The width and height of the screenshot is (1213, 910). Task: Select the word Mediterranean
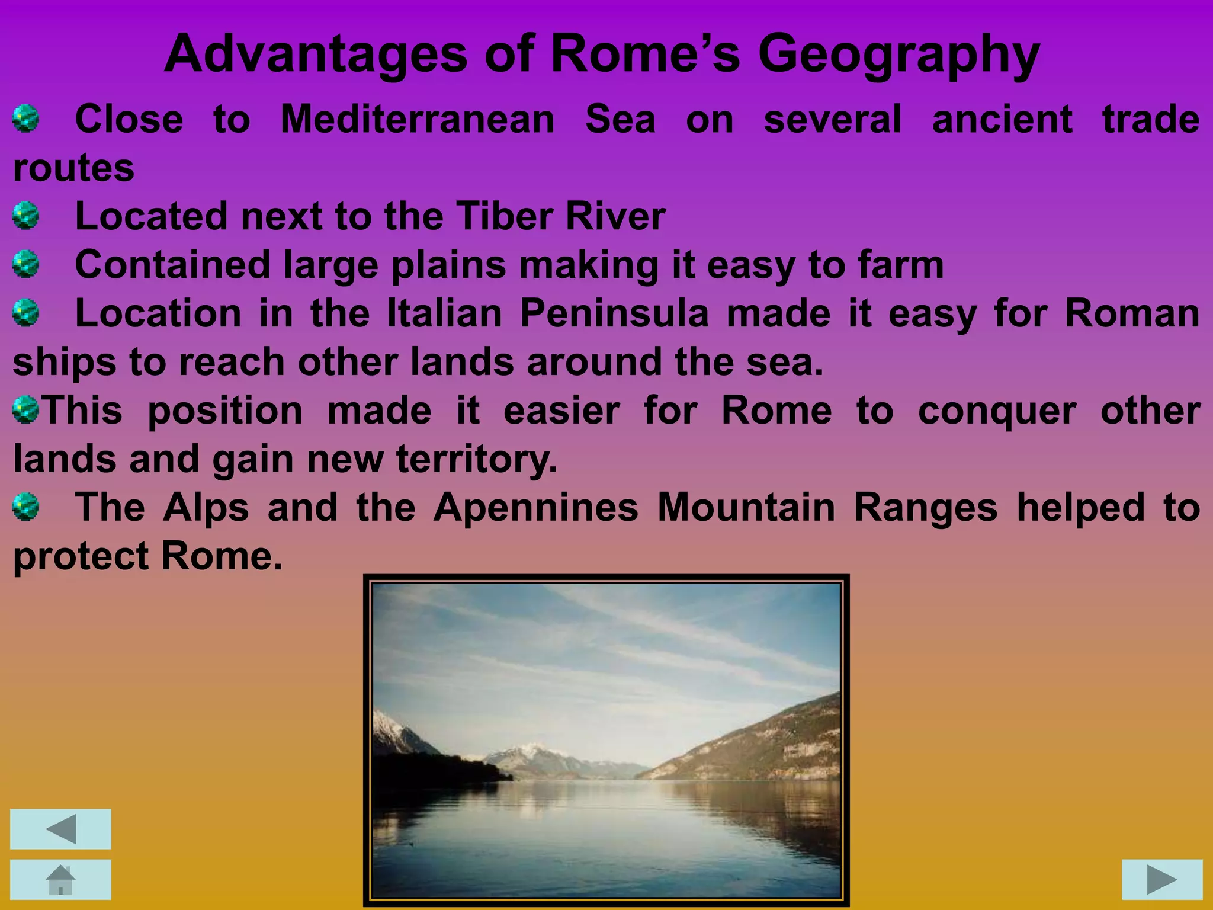(x=418, y=120)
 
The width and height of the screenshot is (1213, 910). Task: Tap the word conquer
(x=997, y=411)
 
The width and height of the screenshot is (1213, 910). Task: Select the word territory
(x=477, y=459)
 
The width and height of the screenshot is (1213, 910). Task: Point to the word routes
(x=74, y=168)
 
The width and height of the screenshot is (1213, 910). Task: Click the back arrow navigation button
(x=60, y=829)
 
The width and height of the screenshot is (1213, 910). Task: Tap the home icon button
(x=60, y=879)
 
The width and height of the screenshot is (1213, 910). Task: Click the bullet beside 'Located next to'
(x=26, y=216)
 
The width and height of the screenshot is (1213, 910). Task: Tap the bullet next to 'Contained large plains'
(x=26, y=264)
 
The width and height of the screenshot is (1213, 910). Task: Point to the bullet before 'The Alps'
(x=26, y=507)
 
